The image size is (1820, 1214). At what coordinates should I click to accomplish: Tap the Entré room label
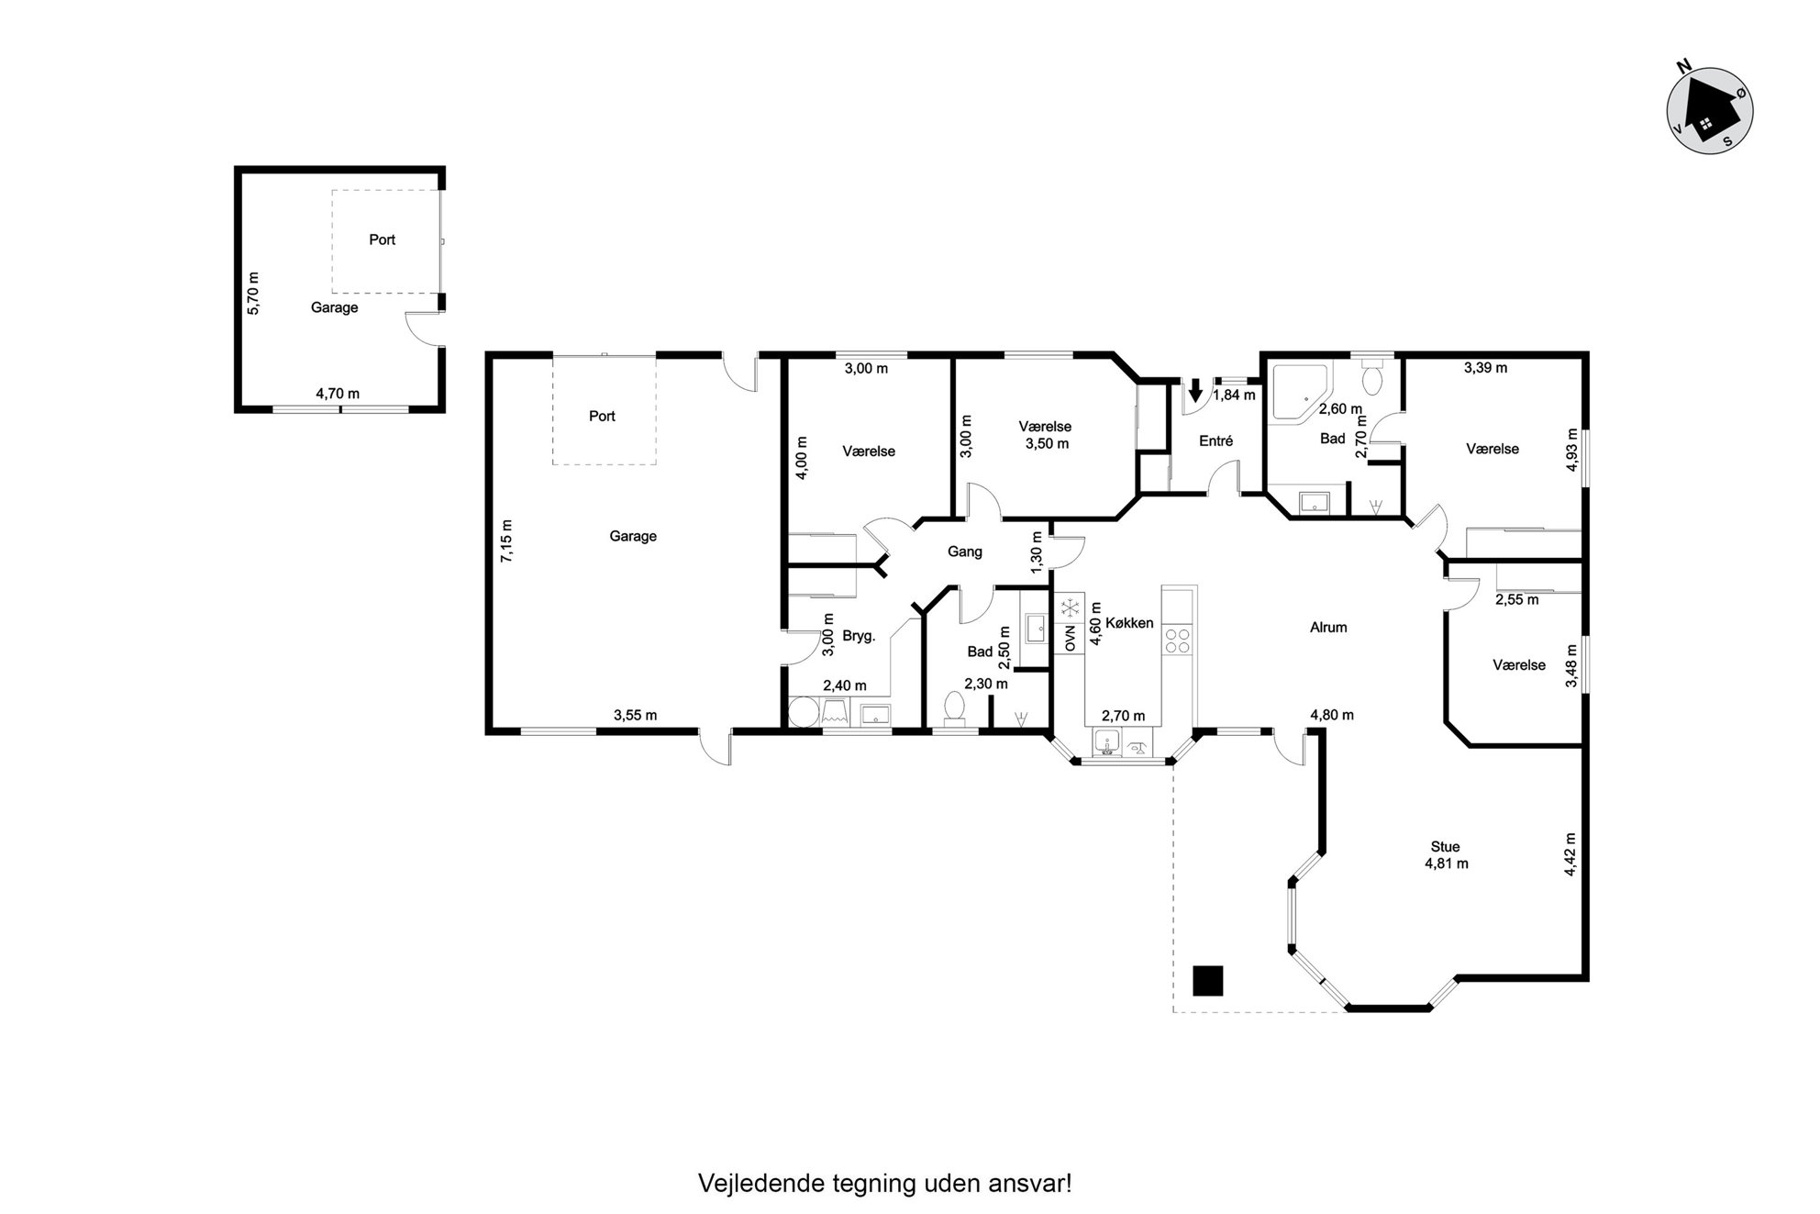click(x=1215, y=440)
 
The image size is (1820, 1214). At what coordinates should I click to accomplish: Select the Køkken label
click(x=1129, y=622)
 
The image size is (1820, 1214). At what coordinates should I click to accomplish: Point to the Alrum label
click(x=1328, y=628)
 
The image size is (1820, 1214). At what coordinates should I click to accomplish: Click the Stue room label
click(x=1445, y=847)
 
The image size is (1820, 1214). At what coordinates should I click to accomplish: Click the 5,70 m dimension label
click(x=254, y=294)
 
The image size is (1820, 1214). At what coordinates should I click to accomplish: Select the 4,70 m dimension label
click(x=338, y=394)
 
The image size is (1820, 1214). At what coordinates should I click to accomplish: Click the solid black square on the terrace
click(x=1207, y=981)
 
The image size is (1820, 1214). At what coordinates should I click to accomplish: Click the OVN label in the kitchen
click(x=1070, y=639)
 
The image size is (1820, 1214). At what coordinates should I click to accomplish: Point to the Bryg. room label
click(x=859, y=635)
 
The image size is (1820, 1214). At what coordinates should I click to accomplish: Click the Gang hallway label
click(x=964, y=551)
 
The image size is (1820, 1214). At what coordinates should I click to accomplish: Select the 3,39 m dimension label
click(x=1485, y=368)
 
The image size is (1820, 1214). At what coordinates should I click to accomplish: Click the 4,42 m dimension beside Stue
click(x=1570, y=854)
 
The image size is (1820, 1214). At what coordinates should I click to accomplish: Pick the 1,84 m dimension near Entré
click(x=1235, y=395)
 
